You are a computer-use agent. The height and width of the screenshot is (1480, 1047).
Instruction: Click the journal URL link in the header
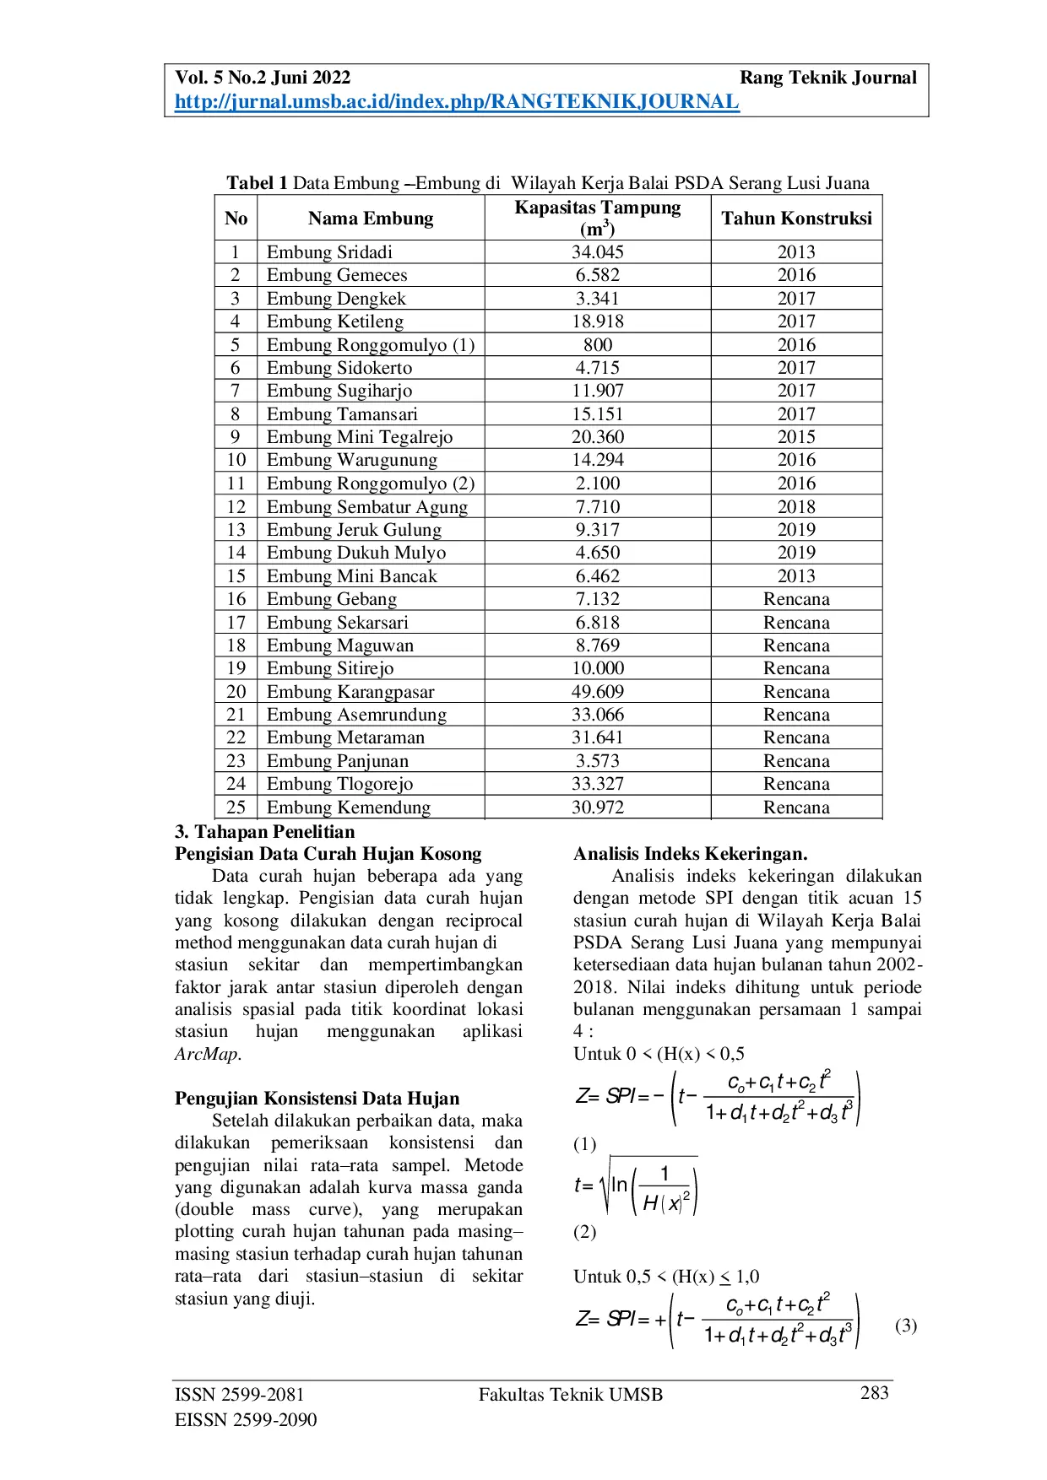(457, 102)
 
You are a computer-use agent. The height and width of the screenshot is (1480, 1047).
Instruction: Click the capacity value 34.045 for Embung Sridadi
(597, 252)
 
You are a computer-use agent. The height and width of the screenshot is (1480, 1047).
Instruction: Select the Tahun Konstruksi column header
(796, 219)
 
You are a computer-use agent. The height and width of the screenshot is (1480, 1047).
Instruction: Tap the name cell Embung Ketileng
(335, 321)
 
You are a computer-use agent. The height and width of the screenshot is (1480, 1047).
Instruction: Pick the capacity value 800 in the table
(597, 345)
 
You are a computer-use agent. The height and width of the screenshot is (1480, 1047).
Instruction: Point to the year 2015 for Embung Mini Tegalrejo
(796, 437)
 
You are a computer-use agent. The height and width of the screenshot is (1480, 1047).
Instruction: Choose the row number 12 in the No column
(236, 507)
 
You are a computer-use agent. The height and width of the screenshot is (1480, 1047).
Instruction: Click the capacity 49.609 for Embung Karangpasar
(597, 692)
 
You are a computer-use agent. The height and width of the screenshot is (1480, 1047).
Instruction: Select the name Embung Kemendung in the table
(349, 808)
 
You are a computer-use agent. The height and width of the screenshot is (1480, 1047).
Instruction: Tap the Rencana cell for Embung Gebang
(796, 599)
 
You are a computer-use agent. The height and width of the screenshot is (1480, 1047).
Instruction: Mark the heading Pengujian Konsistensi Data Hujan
(317, 1099)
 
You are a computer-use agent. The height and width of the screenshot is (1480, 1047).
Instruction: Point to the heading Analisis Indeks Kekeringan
(690, 854)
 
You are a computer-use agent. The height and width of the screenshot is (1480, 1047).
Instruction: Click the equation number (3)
(905, 1326)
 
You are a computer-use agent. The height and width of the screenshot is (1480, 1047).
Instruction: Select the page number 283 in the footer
(874, 1393)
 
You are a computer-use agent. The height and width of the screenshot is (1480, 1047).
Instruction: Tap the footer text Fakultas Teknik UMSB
(571, 1395)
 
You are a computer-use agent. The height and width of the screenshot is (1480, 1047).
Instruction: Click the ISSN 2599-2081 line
(240, 1395)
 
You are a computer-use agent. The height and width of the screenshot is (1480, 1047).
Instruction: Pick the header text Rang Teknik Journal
(827, 78)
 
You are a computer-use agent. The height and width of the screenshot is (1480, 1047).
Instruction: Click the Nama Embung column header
(371, 219)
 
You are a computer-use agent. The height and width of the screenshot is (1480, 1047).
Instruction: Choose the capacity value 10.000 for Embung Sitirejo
(597, 668)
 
